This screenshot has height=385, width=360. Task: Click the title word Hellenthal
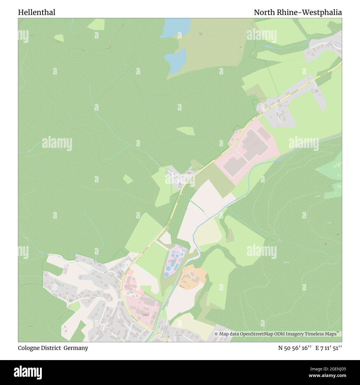(37, 12)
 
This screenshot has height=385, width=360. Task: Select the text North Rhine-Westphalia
(298, 12)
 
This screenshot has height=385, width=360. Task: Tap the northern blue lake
(176, 28)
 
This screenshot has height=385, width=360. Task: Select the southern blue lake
(175, 60)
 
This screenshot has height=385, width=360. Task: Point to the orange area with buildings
(193, 277)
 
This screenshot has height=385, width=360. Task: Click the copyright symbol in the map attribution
(216, 334)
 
